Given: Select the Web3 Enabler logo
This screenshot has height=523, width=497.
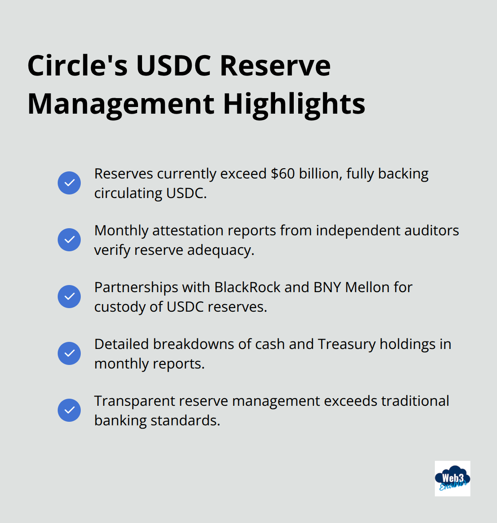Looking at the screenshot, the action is (452, 478).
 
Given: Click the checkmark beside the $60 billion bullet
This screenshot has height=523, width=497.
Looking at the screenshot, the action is (69, 183).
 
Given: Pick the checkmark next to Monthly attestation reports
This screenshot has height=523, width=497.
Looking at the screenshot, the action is (69, 239).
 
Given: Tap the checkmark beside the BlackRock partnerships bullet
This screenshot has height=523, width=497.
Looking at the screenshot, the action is (69, 297).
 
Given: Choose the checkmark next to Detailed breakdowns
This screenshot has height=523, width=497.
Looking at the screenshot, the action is (69, 353).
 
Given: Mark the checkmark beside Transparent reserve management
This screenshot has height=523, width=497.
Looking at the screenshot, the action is (69, 410).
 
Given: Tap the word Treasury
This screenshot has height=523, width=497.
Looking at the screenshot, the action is (347, 345).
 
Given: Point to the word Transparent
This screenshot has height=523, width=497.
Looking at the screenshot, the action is (134, 401).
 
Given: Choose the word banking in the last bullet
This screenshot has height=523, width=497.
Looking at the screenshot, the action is (120, 420).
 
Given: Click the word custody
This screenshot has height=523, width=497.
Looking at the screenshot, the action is (120, 307).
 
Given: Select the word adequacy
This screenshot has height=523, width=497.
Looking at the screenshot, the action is (221, 250).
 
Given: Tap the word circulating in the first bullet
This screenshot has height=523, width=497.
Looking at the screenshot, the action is (128, 194).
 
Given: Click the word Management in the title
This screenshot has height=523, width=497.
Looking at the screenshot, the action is (121, 104).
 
